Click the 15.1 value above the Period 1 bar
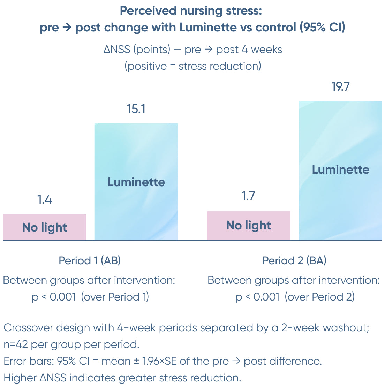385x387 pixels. [x=136, y=109]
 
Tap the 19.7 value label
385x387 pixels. [x=340, y=86]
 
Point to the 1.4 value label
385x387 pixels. [x=45, y=199]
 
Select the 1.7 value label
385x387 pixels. [x=248, y=196]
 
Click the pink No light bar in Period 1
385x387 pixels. [x=44, y=227]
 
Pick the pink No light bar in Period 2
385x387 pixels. [x=249, y=225]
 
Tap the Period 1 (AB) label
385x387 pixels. [x=90, y=260]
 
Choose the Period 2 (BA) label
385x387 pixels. [x=294, y=260]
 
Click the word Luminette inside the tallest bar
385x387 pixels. [x=340, y=169]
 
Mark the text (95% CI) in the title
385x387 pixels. [x=322, y=27]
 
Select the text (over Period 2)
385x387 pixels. [x=319, y=297]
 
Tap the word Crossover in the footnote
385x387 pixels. [x=28, y=328]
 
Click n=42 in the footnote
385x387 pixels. [x=16, y=344]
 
